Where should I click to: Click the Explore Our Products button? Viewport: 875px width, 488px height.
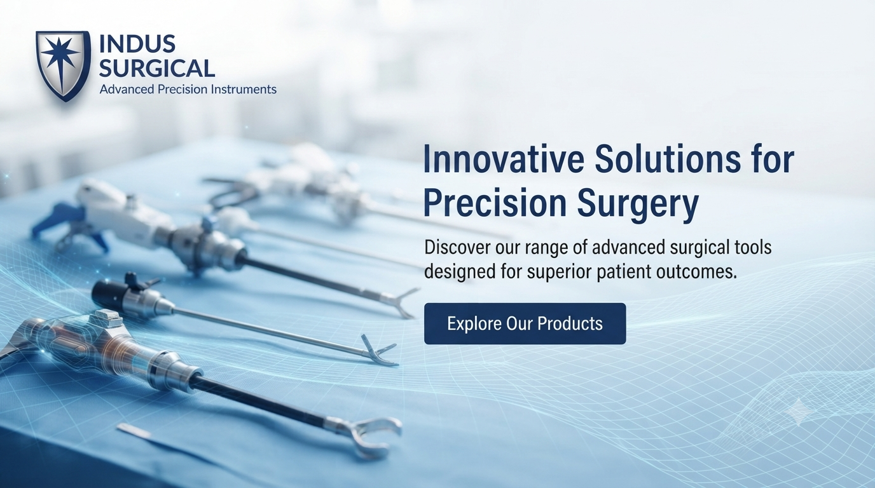point(525,323)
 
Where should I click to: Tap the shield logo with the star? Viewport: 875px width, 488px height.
point(63,65)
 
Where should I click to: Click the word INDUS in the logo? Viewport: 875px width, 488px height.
point(137,44)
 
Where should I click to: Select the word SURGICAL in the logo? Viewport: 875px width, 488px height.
point(157,68)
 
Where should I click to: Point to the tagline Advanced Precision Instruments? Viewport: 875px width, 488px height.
point(188,90)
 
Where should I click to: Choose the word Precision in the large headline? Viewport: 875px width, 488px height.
point(495,203)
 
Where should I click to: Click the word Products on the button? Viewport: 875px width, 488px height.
point(570,323)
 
